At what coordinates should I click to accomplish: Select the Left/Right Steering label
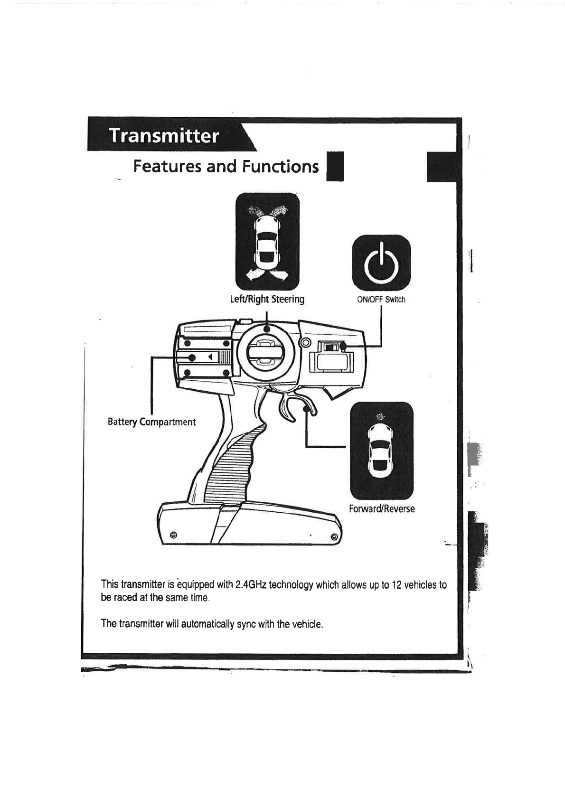[x=267, y=299]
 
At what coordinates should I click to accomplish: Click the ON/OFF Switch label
[x=381, y=300]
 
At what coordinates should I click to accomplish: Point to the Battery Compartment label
[x=151, y=422]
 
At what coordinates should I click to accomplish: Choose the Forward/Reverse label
[x=382, y=509]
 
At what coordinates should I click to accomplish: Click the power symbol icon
[x=381, y=263]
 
